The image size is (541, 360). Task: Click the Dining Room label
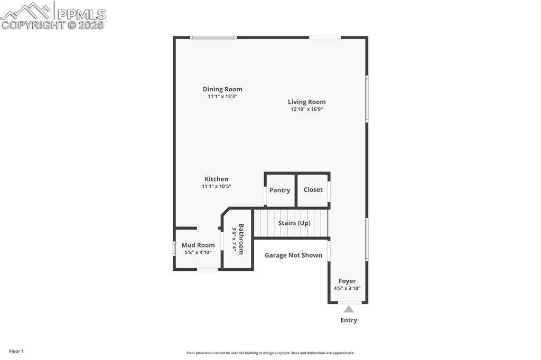[x=222, y=89]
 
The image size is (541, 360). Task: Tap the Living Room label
[x=306, y=102]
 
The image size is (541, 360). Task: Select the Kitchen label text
[x=217, y=179]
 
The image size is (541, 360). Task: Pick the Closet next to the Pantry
[x=313, y=190]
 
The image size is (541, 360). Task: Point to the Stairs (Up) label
[x=294, y=223]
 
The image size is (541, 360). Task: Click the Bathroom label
[x=241, y=239]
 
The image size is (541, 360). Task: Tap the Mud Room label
[x=198, y=245]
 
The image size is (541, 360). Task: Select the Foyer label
[x=347, y=281]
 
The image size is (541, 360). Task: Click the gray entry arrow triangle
[x=349, y=309]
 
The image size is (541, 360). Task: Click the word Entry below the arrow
[x=349, y=320]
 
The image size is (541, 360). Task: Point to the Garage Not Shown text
[x=293, y=255]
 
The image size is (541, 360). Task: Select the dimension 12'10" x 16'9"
[x=306, y=109]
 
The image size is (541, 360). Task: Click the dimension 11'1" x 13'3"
[x=222, y=97]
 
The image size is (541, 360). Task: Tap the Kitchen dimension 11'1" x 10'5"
[x=217, y=186]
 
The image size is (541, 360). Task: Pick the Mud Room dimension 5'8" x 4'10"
[x=198, y=252]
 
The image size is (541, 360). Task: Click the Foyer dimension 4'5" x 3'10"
[x=347, y=289]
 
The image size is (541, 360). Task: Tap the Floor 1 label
[x=16, y=351]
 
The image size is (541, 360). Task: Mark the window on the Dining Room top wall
[x=213, y=37]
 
